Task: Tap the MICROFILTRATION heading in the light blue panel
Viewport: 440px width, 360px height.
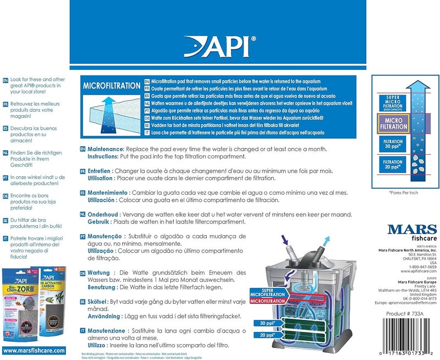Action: pos(111,86)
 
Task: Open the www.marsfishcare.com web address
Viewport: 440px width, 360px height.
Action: pos(34,350)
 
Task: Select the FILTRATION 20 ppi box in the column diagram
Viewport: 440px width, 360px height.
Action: pos(394,166)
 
